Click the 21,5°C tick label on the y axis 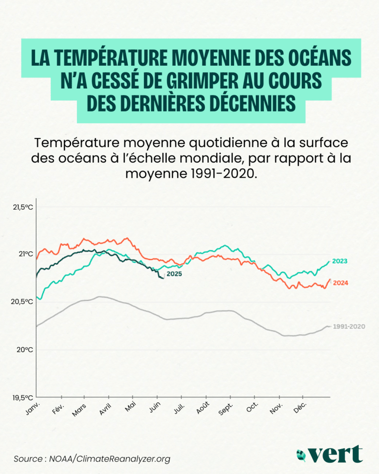tap(23, 206)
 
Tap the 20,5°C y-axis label tap(23, 301)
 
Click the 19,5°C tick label tap(23, 397)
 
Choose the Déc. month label tap(300, 408)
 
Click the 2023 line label tap(340, 261)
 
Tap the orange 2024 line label tap(340, 283)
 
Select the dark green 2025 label tap(174, 274)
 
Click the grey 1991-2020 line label tap(349, 326)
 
